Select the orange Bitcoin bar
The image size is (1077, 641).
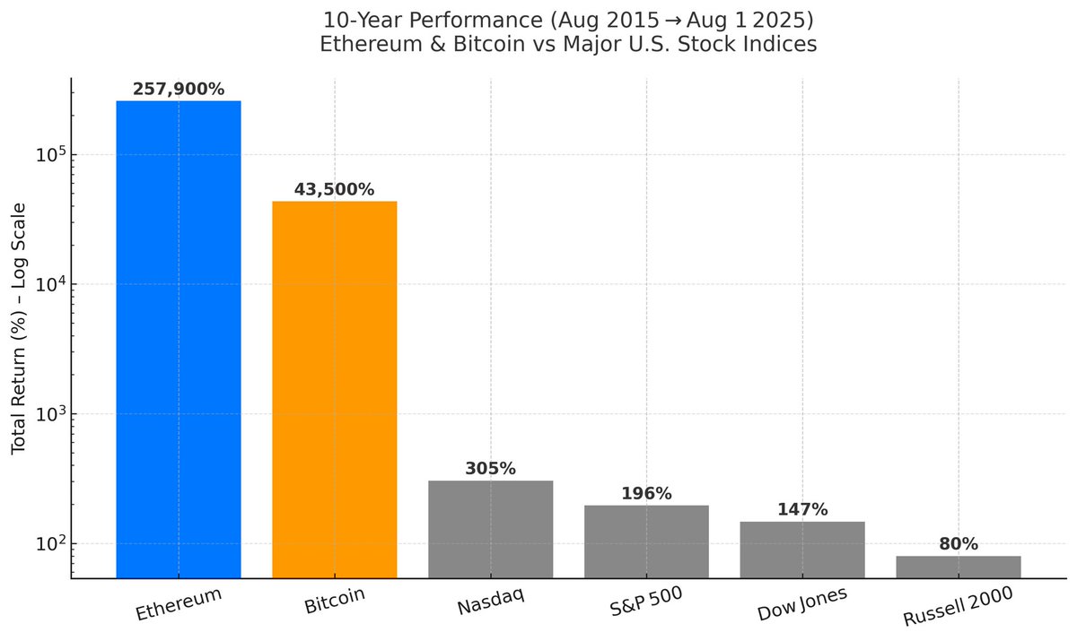(335, 389)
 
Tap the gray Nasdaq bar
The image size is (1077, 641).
(491, 529)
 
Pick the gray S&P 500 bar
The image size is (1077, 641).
(646, 541)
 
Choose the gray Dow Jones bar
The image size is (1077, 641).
(802, 550)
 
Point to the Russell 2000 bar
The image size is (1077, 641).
(958, 567)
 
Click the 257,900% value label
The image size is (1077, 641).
(179, 89)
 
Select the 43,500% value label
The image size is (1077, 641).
(335, 189)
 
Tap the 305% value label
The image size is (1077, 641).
(491, 468)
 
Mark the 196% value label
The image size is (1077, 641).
(646, 493)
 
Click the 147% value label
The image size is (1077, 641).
(802, 509)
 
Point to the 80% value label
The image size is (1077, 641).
(958, 543)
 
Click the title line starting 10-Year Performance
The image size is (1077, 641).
(568, 19)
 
